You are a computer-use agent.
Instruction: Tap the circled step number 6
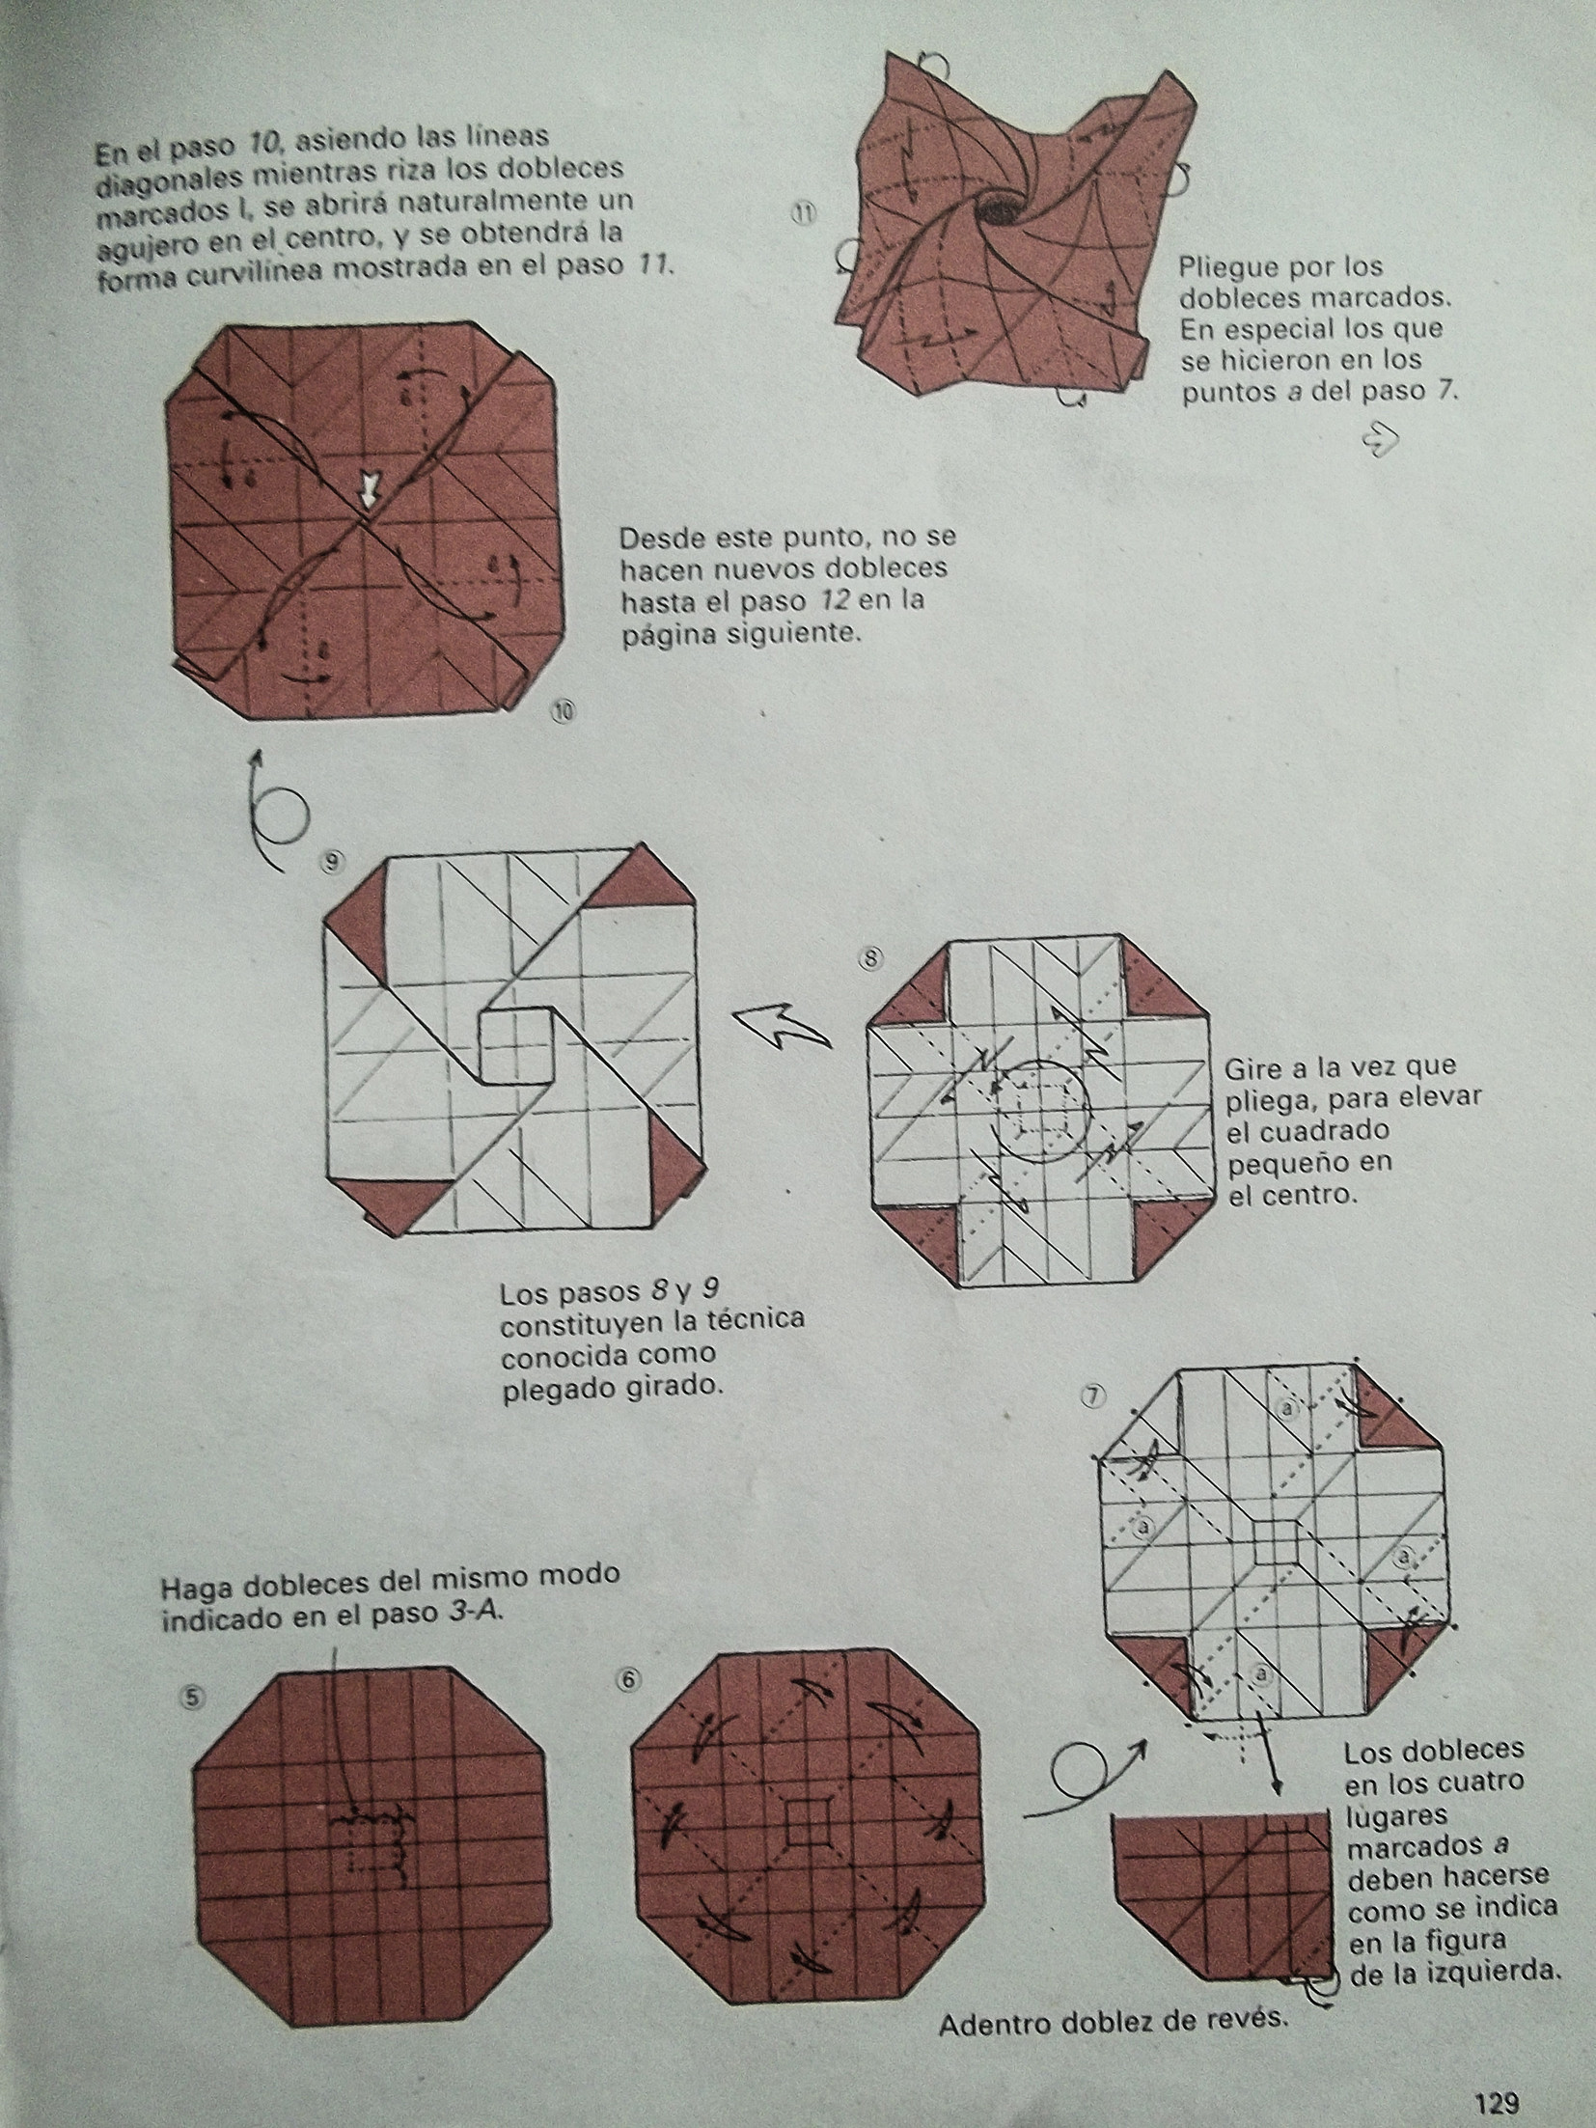[628, 1680]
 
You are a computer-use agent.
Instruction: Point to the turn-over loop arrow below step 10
[272, 813]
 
